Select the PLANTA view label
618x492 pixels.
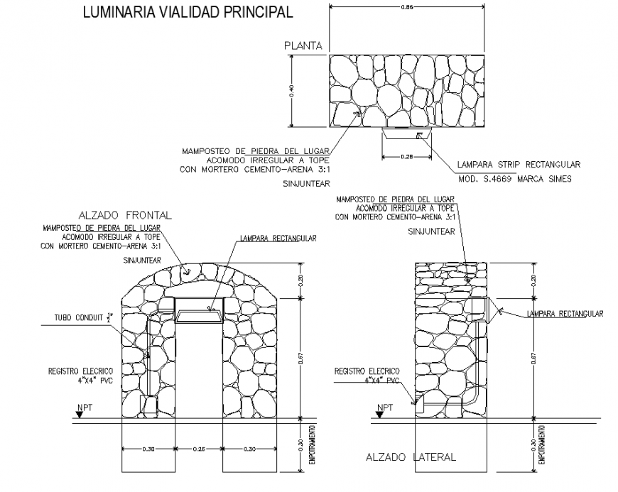click(303, 46)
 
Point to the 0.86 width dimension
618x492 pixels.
click(407, 6)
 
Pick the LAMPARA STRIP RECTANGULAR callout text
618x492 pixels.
click(518, 164)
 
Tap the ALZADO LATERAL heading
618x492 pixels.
click(411, 458)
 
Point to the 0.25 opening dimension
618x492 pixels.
click(199, 449)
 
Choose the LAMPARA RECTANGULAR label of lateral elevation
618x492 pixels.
click(565, 313)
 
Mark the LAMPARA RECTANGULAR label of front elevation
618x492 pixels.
click(278, 239)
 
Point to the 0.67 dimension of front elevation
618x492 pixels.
click(302, 359)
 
